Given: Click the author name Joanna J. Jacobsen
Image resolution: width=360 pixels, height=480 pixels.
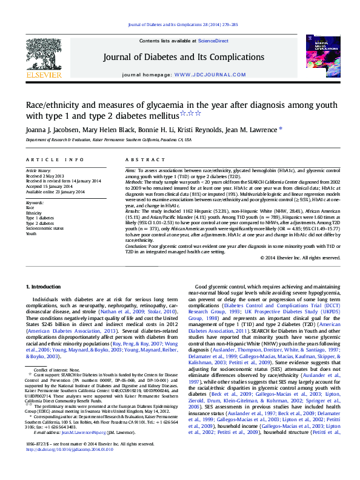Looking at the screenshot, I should pyautogui.click(x=48, y=128).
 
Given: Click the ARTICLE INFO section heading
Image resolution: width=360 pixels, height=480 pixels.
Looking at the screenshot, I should pyautogui.click(x=55, y=160).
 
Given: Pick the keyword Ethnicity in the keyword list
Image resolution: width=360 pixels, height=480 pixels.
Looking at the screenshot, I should pyautogui.click(x=34, y=213).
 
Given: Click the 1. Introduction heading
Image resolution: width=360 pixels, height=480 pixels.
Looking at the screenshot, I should pyautogui.click(x=47, y=286).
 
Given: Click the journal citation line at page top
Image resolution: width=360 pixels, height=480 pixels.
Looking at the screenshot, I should pyautogui.click(x=180, y=25).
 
